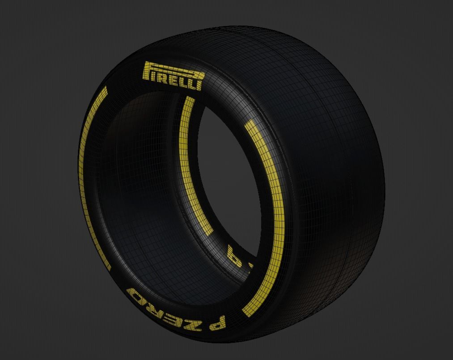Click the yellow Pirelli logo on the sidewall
tap(173, 76)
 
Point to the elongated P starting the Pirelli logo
tap(148, 72)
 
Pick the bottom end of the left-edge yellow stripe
tap(108, 267)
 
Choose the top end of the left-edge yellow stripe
tap(105, 89)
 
